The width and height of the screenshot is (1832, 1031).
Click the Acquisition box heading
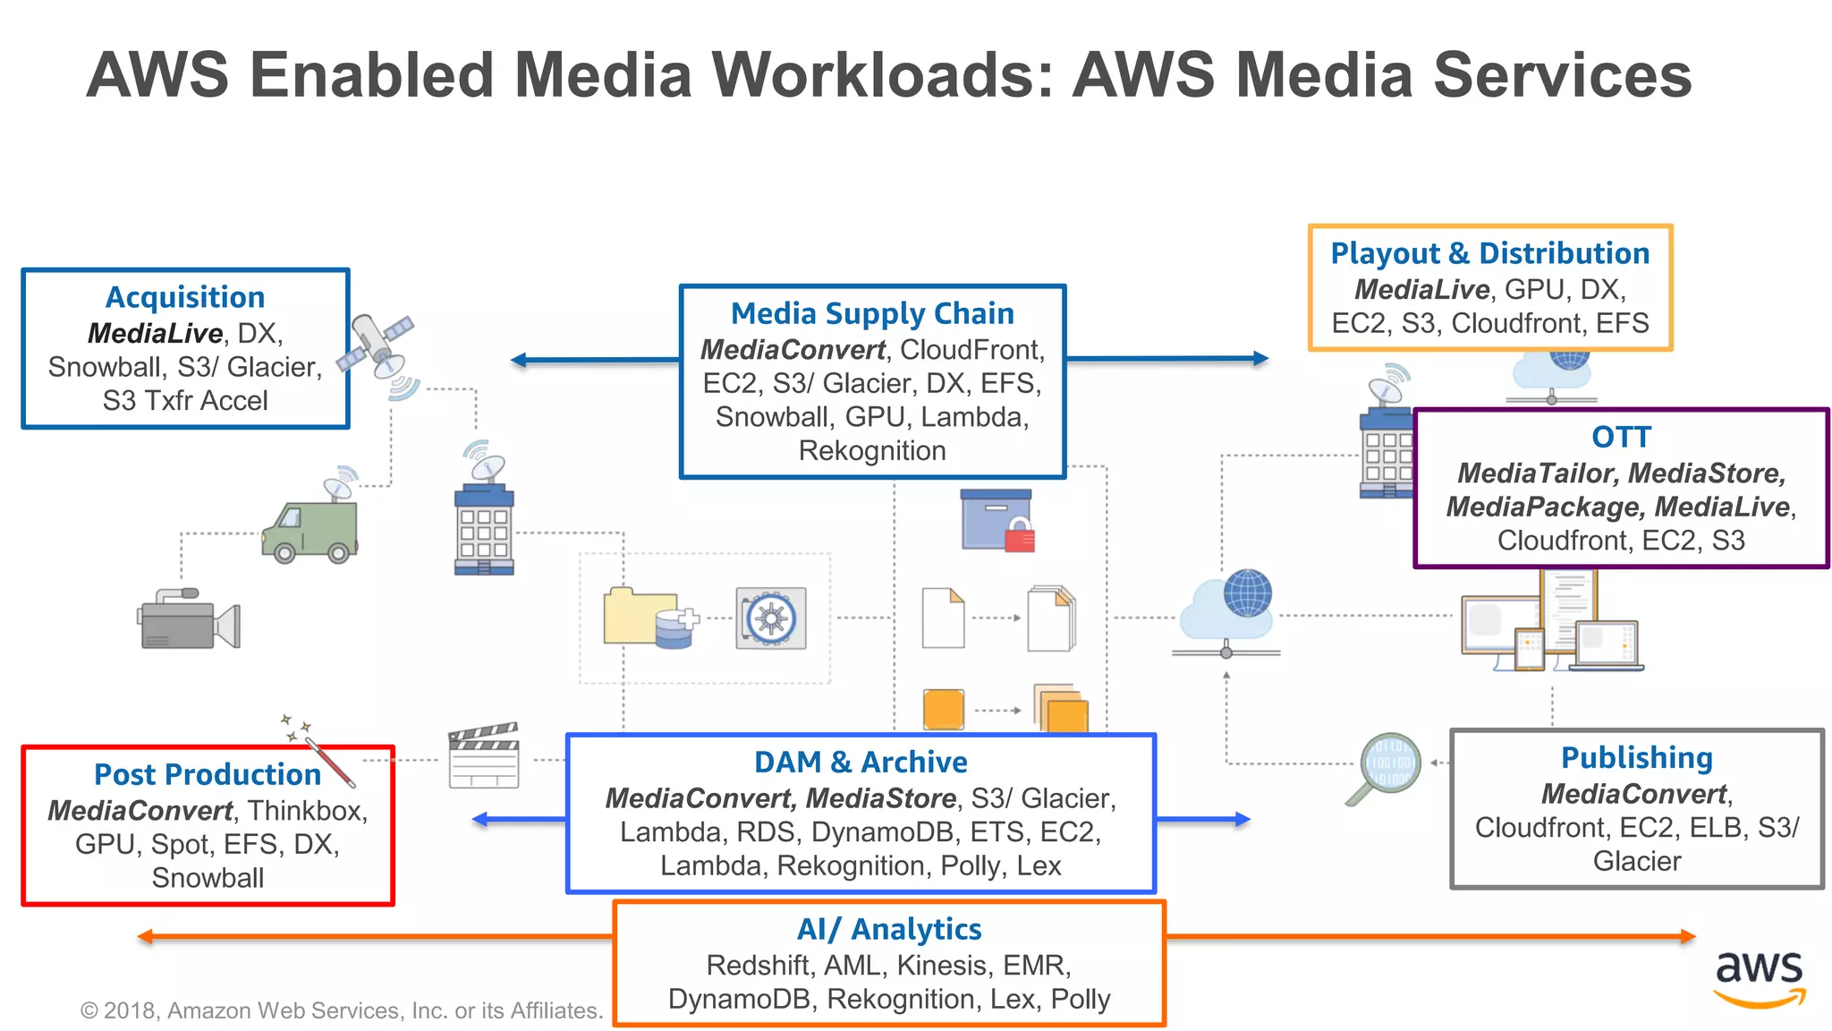click(185, 297)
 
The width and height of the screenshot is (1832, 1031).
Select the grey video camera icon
click(189, 619)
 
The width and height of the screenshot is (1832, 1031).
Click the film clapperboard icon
click(484, 756)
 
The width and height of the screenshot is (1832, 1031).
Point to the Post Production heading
click(207, 774)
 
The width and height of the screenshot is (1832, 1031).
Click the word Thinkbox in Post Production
click(306, 810)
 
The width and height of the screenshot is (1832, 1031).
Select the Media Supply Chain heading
click(872, 313)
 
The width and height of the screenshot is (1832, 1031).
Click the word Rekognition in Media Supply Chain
click(872, 450)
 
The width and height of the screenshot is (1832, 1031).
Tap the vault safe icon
click(771, 618)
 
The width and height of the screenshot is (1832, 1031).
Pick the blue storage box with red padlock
click(997, 521)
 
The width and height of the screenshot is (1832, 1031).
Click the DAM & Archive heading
click(861, 762)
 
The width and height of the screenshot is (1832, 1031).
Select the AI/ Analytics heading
click(889, 929)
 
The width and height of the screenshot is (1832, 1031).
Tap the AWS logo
click(1759, 977)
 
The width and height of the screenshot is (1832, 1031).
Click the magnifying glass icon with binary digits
click(1386, 767)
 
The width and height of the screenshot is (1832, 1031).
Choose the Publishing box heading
click(1636, 757)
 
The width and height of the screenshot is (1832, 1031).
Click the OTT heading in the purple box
click(1621, 437)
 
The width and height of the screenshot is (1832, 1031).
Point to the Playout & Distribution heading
click(1489, 253)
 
